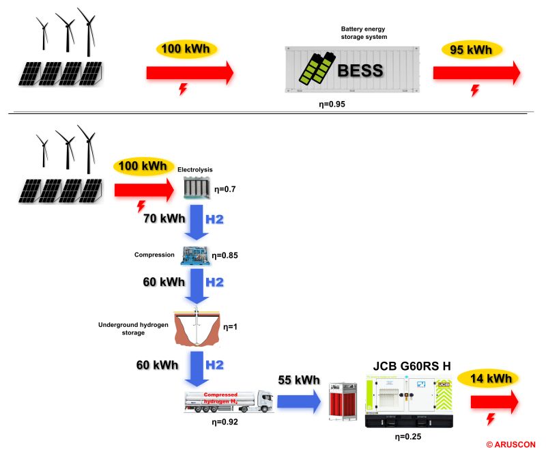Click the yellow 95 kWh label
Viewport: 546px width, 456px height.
tap(472, 50)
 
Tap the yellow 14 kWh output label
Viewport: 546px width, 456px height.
tap(488, 379)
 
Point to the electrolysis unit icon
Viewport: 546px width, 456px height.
tap(197, 188)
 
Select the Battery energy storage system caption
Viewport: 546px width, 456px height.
tap(364, 33)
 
